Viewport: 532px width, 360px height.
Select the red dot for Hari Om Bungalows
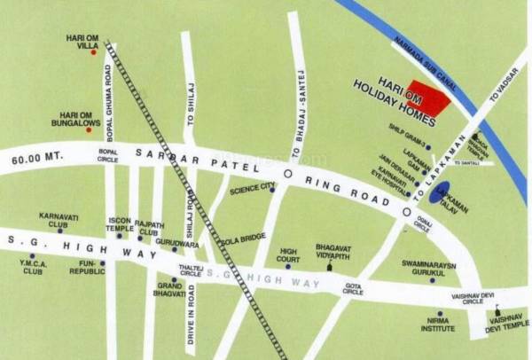coord(93,129)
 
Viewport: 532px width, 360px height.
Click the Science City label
coord(247,189)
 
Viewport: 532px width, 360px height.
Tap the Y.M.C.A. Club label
coord(32,267)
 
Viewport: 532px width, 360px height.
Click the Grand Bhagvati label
coord(170,290)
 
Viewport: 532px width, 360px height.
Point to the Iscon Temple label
coord(120,224)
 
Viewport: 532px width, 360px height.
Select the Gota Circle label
coord(354,289)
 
